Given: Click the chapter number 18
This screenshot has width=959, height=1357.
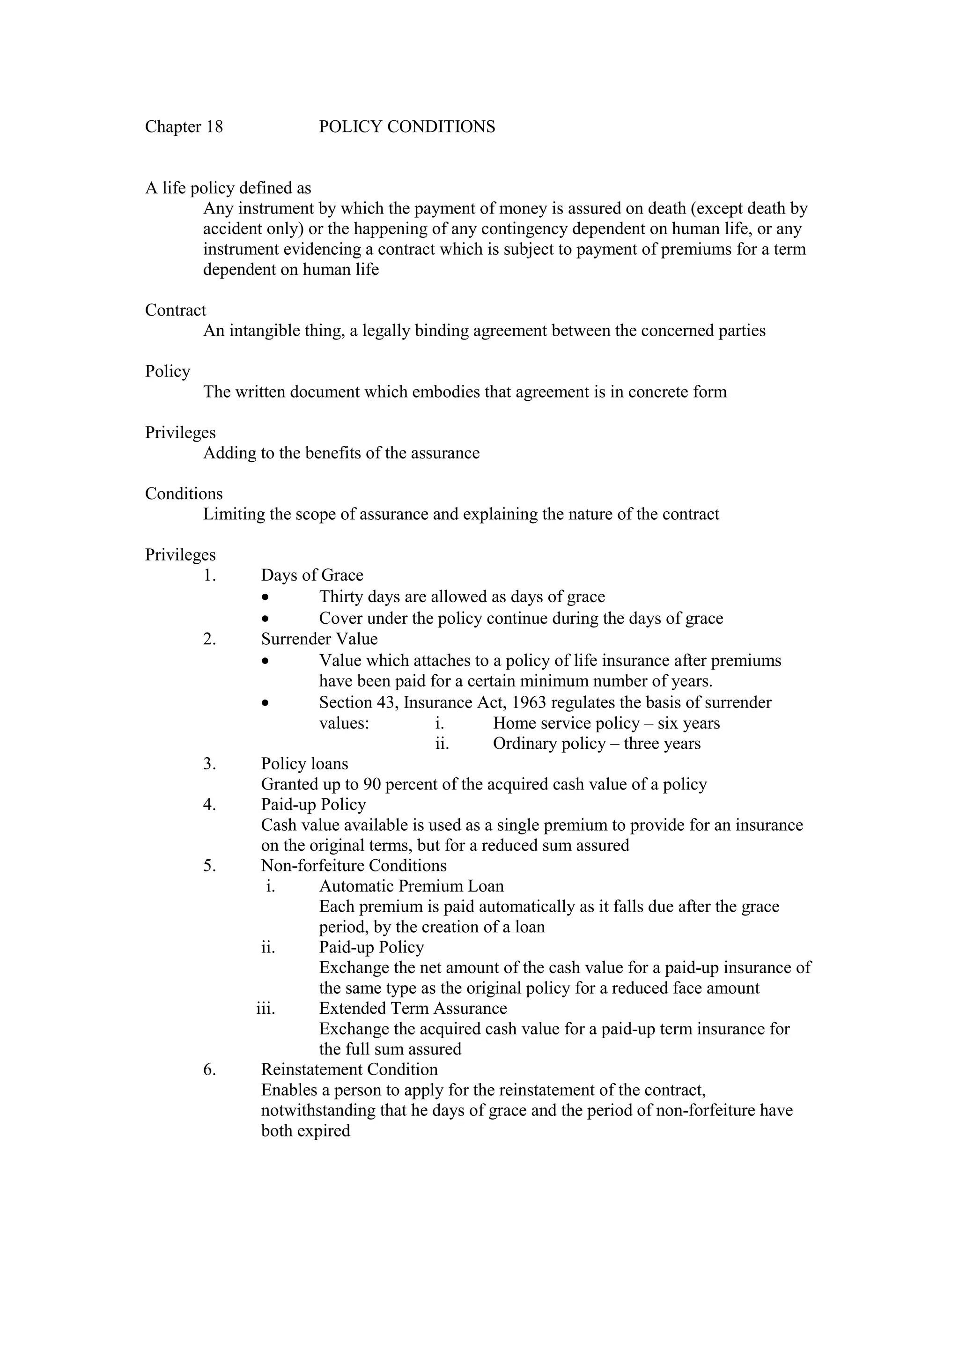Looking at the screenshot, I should tap(214, 127).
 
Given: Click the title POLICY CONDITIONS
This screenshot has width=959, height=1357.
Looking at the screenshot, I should tap(406, 127).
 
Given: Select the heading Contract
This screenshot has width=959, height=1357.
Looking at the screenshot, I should tap(176, 310).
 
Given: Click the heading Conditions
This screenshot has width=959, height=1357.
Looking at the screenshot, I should tap(184, 494).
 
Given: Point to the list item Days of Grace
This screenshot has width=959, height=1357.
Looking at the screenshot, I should tap(312, 575).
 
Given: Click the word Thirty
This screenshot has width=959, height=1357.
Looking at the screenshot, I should tap(341, 597).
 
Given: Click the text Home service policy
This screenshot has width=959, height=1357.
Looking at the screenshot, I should tap(566, 723).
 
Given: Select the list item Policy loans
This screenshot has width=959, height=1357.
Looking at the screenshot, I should tap(304, 764).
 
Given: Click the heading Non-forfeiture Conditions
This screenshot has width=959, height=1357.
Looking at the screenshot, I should tap(354, 866).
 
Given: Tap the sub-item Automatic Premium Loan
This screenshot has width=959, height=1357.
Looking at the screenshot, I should tap(411, 886).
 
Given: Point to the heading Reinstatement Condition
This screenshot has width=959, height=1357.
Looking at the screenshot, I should tap(349, 1070).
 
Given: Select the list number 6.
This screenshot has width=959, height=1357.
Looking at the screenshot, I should tap(209, 1070).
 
